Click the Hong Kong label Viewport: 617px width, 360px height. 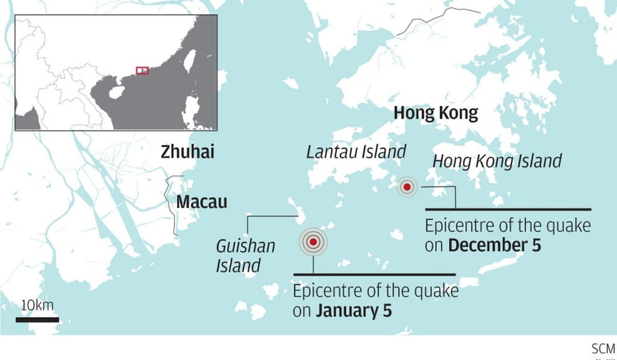click(x=435, y=113)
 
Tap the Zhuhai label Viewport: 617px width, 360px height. click(x=187, y=152)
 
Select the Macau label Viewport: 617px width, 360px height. click(x=201, y=201)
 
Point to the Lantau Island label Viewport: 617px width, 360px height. click(x=356, y=152)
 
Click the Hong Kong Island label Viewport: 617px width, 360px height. click(x=497, y=161)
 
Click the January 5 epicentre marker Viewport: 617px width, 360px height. click(x=313, y=242)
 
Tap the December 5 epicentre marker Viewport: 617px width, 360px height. click(x=407, y=187)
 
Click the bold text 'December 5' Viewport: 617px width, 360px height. click(x=494, y=245)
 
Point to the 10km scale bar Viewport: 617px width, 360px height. click(x=37, y=319)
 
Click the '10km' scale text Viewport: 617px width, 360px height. click(x=37, y=305)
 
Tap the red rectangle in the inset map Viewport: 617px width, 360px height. click(x=142, y=71)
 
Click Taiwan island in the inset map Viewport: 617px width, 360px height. click(x=189, y=61)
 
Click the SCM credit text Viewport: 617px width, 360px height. click(x=603, y=349)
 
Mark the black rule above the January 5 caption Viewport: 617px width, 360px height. click(x=374, y=275)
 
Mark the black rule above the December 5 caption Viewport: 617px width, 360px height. click(x=508, y=209)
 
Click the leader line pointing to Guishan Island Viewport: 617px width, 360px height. click(x=271, y=215)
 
